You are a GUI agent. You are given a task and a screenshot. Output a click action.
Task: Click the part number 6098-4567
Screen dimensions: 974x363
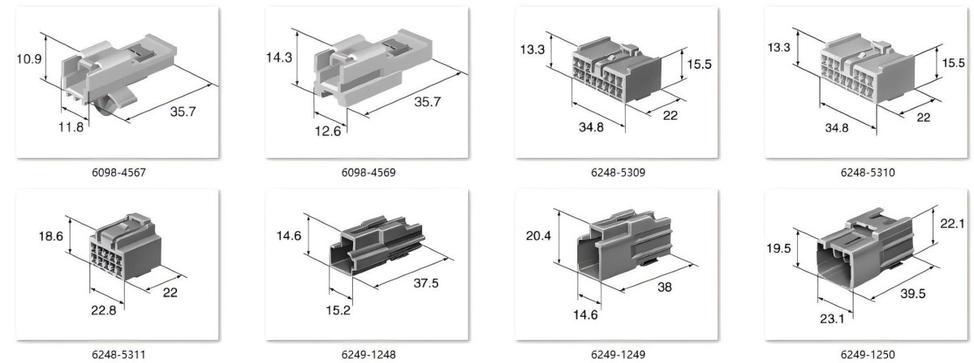pyautogui.click(x=119, y=173)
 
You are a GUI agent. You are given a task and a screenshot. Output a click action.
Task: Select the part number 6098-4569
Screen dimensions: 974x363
pyautogui.click(x=368, y=173)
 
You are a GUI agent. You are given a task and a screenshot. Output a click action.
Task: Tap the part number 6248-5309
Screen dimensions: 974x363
pyautogui.click(x=618, y=173)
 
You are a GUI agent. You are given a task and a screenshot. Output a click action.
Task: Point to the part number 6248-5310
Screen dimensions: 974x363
pyautogui.click(x=868, y=173)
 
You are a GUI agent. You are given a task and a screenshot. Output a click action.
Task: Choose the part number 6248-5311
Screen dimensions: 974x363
pyautogui.click(x=119, y=355)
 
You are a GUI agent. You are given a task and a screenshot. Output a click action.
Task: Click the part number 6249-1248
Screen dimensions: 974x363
pyautogui.click(x=368, y=355)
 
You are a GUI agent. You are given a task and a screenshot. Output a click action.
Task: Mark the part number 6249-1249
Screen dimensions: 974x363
pyautogui.click(x=618, y=355)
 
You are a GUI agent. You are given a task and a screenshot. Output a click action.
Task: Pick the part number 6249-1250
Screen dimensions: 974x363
pyautogui.click(x=868, y=355)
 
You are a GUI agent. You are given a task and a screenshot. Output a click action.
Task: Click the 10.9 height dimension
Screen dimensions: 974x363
pyautogui.click(x=29, y=58)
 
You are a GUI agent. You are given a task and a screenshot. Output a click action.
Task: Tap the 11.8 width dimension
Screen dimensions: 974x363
pyautogui.click(x=71, y=127)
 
